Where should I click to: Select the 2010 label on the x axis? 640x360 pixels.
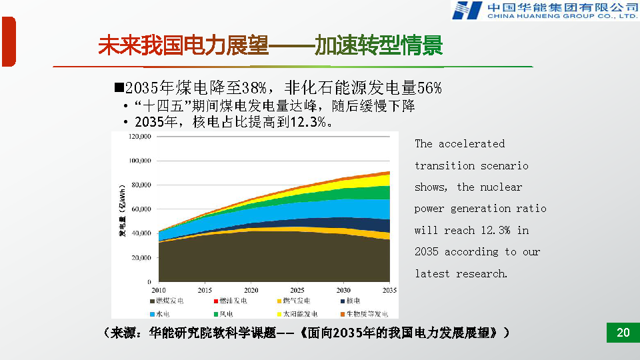(159, 290)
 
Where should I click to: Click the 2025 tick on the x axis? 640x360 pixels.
(297, 290)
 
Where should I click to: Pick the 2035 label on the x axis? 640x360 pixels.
(389, 290)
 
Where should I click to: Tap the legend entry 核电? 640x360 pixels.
(353, 301)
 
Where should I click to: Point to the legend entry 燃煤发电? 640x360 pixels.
(170, 301)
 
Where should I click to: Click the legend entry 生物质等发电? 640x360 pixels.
(363, 313)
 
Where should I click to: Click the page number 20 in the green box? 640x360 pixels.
(623, 333)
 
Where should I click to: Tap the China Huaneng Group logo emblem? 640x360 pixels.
(467, 10)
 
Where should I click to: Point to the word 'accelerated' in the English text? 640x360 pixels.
(471, 144)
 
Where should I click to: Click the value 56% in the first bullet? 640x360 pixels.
(429, 88)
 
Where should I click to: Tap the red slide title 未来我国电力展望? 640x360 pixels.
(183, 46)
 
